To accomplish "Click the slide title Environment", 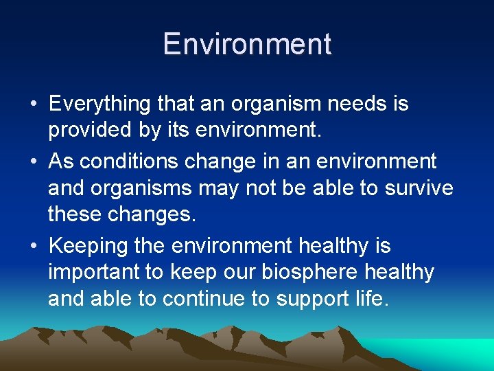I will pyautogui.click(x=247, y=44).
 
